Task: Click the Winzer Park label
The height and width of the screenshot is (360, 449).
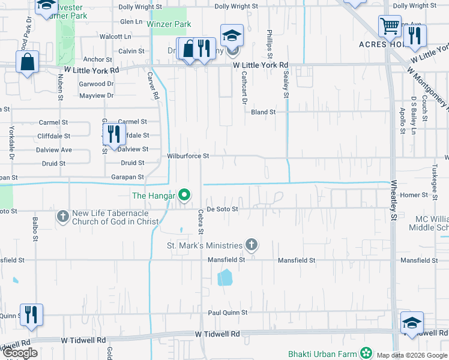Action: point(169,24)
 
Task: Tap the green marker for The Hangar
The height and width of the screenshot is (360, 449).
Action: point(185,195)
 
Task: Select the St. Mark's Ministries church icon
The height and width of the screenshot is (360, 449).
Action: point(252,245)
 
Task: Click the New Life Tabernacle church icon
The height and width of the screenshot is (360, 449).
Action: point(62,216)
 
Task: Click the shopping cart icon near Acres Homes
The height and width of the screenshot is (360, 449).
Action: point(390,27)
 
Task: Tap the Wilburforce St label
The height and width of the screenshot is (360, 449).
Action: point(188,156)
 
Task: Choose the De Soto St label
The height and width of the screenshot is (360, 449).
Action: point(223,209)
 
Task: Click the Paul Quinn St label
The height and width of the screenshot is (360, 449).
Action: point(228,313)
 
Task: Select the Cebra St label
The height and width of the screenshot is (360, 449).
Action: point(201,221)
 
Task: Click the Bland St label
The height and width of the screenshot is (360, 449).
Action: point(263,112)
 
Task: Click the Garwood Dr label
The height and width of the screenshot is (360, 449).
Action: point(96,85)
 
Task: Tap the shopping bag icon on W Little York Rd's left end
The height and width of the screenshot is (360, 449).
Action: point(27,62)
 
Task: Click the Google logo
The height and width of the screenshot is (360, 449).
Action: point(20,353)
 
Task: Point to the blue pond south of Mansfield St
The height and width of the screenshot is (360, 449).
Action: point(224,277)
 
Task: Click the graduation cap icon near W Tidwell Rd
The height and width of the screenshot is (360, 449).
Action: point(412,323)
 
